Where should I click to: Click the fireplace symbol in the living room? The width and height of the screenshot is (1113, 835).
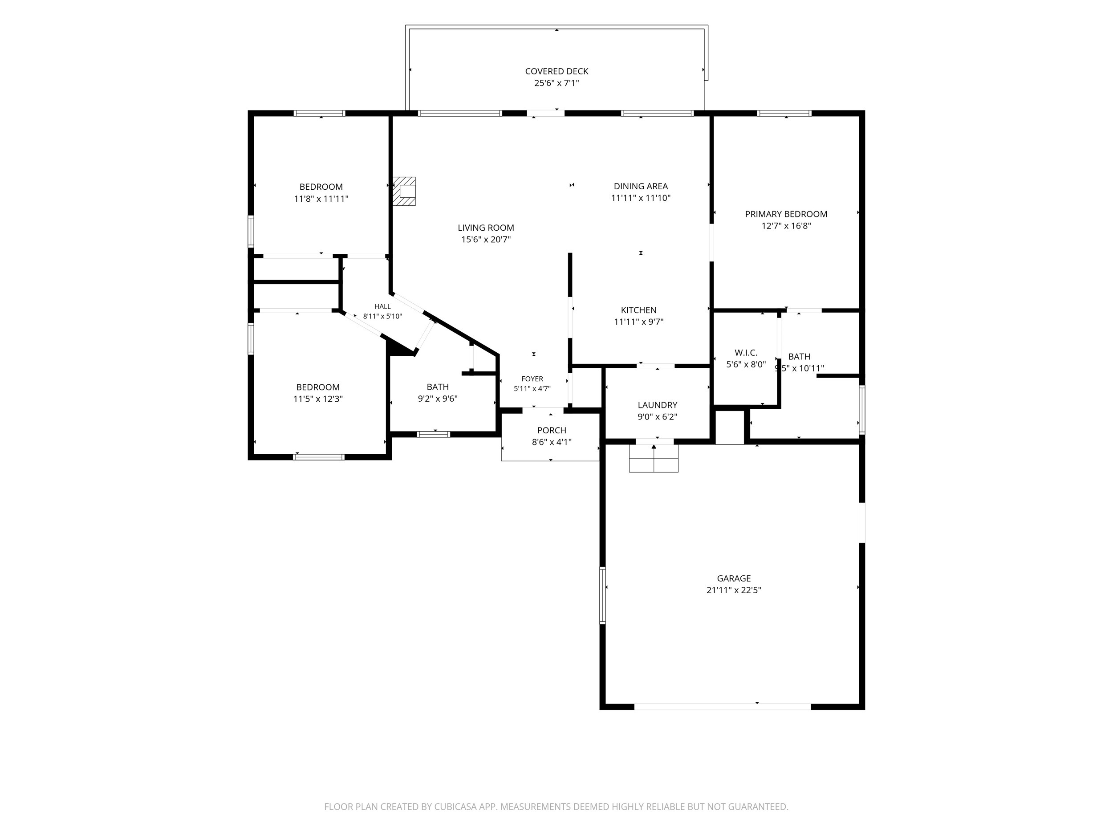point(405,191)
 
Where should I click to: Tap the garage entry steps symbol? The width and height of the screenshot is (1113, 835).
point(654,459)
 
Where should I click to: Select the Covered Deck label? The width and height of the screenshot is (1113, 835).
point(556,71)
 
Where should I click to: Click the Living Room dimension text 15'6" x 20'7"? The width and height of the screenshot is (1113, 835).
point(486,240)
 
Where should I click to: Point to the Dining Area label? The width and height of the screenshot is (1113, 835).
point(641,186)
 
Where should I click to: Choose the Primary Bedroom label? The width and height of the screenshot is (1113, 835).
point(786,214)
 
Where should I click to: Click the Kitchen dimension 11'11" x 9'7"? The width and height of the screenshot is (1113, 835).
point(638,322)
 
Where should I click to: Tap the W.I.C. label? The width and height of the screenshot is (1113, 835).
point(746,353)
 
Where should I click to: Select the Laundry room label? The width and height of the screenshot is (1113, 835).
point(657,405)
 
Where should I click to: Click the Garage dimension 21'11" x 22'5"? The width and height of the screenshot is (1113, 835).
point(734,591)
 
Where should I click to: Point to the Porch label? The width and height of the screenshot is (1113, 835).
point(552,430)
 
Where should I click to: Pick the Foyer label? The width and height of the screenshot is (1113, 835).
point(532,379)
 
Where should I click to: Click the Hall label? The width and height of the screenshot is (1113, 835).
point(382,306)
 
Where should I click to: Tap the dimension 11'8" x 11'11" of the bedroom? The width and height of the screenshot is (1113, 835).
point(321,199)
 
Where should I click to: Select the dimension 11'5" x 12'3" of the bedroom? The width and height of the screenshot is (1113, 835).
point(318,399)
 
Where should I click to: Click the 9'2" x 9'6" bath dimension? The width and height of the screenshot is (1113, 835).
point(438,399)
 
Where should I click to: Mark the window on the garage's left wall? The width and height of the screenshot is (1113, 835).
point(602,595)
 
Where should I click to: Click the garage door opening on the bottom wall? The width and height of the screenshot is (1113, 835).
point(722,707)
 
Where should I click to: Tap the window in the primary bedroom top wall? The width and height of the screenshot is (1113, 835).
point(784,113)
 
